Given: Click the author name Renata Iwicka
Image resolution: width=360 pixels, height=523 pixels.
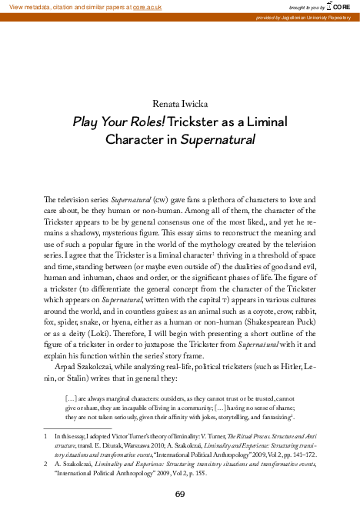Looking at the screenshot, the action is pos(179,102).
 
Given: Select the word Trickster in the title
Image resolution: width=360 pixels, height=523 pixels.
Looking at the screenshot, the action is pos(195,122).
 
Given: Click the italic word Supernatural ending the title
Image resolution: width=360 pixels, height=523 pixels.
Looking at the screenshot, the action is pos(216,141).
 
